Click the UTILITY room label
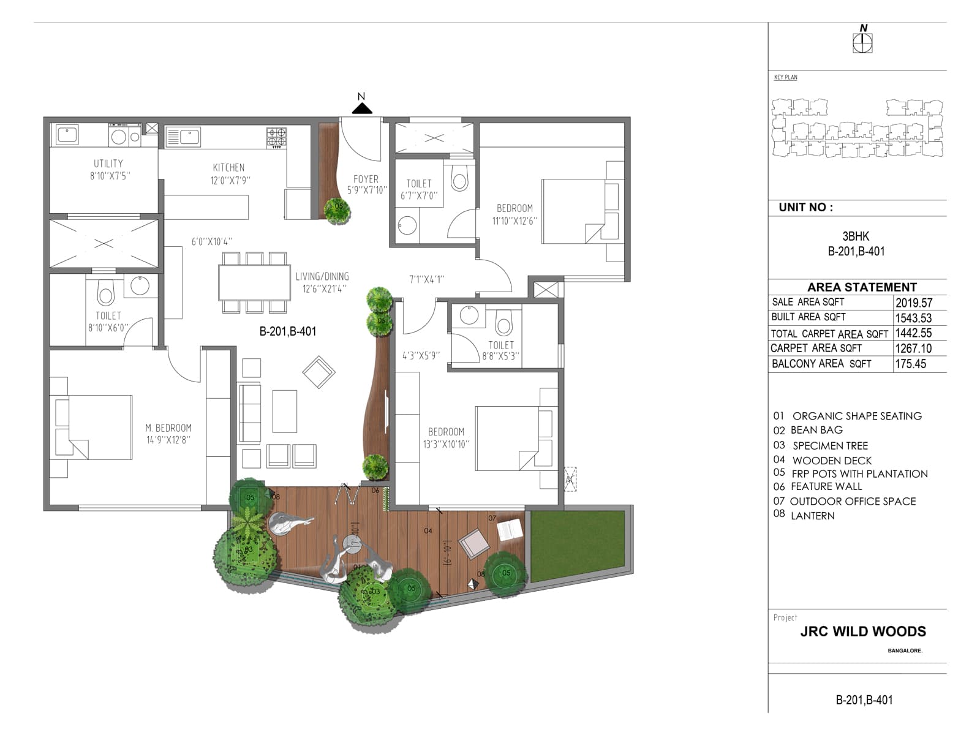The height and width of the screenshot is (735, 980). (108, 164)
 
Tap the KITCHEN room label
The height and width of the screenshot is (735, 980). (228, 167)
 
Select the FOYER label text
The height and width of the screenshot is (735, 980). (366, 179)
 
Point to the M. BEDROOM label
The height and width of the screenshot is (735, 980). (168, 428)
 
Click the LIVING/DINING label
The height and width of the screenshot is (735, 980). (322, 276)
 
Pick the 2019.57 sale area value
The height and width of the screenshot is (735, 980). (913, 303)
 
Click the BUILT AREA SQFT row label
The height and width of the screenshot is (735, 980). (809, 317)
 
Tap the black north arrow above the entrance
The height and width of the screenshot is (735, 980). (362, 108)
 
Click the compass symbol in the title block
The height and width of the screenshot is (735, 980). (862, 43)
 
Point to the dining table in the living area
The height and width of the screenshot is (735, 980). (254, 282)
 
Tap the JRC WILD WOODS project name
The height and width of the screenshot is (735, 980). (862, 631)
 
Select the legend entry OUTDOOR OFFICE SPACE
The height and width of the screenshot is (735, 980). (853, 501)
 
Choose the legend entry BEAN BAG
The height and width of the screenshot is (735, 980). (816, 430)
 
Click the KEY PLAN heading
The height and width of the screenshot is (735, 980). (785, 77)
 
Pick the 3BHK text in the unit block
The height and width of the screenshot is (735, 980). (856, 236)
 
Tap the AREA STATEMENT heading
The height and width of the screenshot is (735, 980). (862, 287)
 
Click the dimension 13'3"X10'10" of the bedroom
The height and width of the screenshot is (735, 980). (446, 444)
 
